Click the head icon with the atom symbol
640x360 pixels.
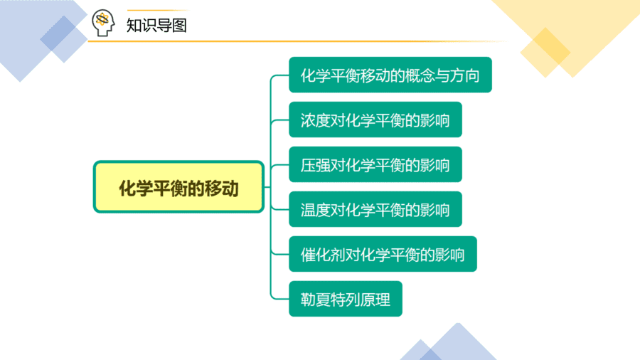[x=103, y=23]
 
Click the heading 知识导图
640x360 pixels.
[x=156, y=26]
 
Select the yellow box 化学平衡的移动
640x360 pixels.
[x=178, y=186]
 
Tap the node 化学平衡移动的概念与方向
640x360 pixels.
[x=390, y=75]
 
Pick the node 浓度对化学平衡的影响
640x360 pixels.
[x=375, y=120]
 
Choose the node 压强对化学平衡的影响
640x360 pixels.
[x=375, y=164]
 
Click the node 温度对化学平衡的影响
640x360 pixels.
[x=375, y=209]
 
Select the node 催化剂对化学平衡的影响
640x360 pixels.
[x=383, y=254]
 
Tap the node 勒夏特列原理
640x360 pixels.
[x=346, y=299]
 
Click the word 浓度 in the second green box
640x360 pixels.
[x=316, y=120]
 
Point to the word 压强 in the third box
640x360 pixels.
[x=316, y=165]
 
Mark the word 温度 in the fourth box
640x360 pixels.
[x=316, y=210]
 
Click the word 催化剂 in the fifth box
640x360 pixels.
[x=323, y=255]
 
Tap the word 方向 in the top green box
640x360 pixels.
[x=464, y=75]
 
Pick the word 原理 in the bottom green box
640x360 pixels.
[x=375, y=300]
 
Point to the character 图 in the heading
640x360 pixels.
[x=179, y=26]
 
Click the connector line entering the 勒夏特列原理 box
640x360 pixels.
[x=279, y=299]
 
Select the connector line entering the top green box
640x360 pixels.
[x=279, y=75]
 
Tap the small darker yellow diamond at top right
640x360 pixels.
[x=545, y=52]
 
